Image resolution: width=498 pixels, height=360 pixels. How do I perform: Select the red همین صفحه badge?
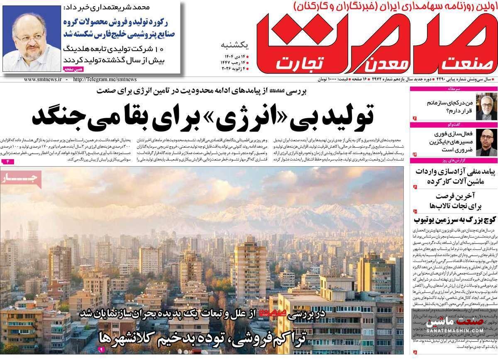pyautogui.click(x=74, y=69)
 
